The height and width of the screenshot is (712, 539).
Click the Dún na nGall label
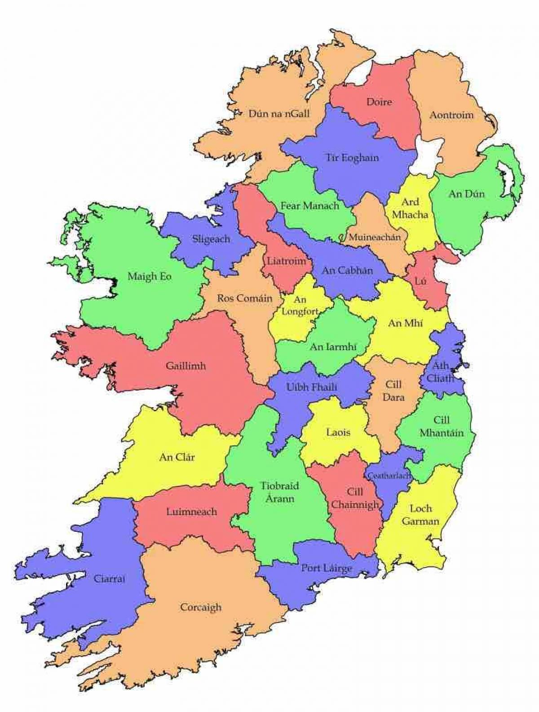(279, 114)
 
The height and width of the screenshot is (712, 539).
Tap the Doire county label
(379, 102)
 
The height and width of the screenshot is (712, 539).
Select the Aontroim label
(451, 115)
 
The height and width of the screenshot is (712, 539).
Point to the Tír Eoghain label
(352, 158)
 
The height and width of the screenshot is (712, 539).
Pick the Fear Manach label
(309, 206)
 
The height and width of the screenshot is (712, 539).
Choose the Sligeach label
(211, 239)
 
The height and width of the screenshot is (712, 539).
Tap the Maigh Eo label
(150, 276)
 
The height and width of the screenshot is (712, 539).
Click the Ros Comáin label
(245, 298)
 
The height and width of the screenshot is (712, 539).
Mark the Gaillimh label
(186, 366)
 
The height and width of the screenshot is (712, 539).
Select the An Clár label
(177, 458)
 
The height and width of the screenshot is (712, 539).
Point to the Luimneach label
(191, 512)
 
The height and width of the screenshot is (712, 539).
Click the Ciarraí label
(110, 579)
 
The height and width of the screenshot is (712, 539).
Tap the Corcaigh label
(201, 607)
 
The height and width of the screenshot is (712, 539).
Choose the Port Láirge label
(327, 568)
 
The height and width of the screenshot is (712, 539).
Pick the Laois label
(339, 433)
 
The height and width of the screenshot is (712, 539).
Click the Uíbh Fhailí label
(312, 387)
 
